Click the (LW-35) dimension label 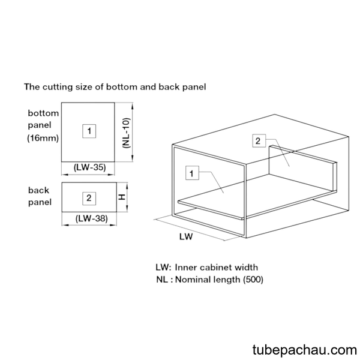click(x=90, y=167)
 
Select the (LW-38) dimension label click(x=92, y=218)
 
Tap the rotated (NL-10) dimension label click(x=127, y=133)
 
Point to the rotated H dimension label click(x=122, y=197)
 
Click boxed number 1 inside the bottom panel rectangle click(x=89, y=131)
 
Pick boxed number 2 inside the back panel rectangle click(x=89, y=198)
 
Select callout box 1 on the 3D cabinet click(x=192, y=173)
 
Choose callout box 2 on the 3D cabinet click(x=259, y=141)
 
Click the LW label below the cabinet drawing click(x=186, y=236)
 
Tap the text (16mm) click(x=43, y=138)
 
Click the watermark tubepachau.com click(x=305, y=350)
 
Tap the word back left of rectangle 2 click(x=38, y=190)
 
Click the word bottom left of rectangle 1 click(x=43, y=113)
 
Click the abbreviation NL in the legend click(x=162, y=280)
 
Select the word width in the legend click(x=247, y=267)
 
